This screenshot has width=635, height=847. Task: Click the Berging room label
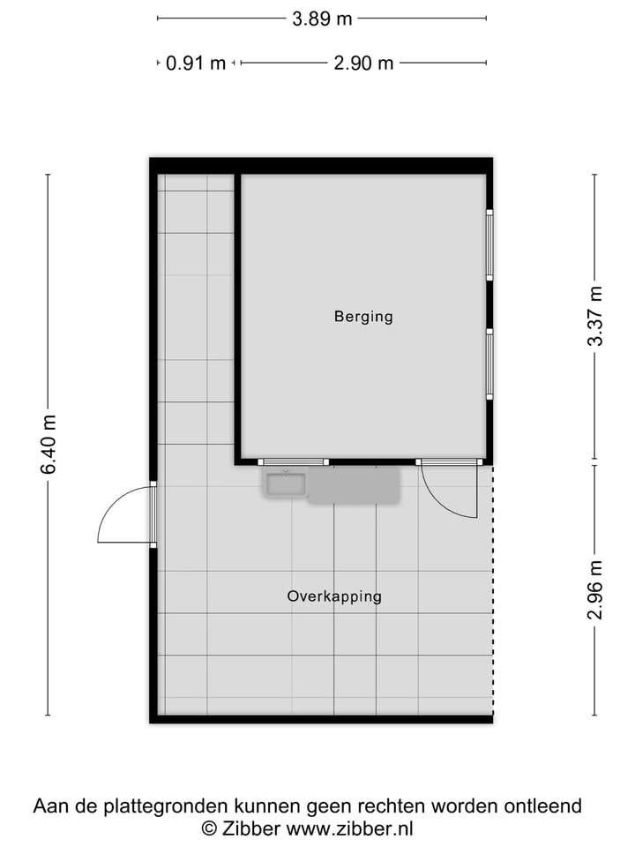pyautogui.click(x=362, y=316)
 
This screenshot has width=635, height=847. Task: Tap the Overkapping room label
pyautogui.click(x=334, y=596)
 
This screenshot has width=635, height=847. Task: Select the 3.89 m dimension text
pyautogui.click(x=322, y=19)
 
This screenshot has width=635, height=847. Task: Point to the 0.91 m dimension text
pyautogui.click(x=196, y=64)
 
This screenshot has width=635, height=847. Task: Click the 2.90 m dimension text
pyautogui.click(x=363, y=64)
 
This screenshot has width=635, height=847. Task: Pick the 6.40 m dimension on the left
pyautogui.click(x=49, y=445)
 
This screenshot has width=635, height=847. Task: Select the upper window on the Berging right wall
pyautogui.click(x=489, y=244)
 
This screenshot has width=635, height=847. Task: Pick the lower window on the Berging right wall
pyautogui.click(x=489, y=364)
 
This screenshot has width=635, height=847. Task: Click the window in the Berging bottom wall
pyautogui.click(x=295, y=461)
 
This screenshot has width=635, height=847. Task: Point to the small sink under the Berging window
pyautogui.click(x=284, y=484)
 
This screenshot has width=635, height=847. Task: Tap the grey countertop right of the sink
pyautogui.click(x=354, y=485)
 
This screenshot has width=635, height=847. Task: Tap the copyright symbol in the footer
pyautogui.click(x=209, y=828)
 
